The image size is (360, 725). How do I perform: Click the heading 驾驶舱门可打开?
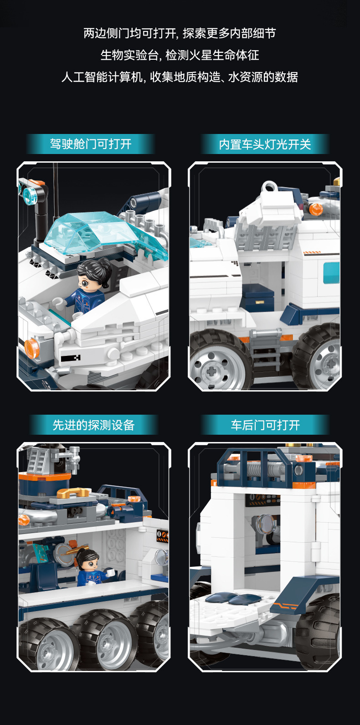[91, 144]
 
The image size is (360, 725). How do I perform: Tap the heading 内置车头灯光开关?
[265, 144]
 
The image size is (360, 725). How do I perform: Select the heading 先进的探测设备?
[93, 425]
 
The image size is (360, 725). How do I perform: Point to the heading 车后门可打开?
[265, 425]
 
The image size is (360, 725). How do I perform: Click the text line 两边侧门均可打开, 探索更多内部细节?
[180, 33]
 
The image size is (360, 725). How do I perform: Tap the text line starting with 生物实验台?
[180, 55]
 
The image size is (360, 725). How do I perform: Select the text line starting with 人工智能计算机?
[180, 77]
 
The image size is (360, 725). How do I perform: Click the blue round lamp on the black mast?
[30, 195]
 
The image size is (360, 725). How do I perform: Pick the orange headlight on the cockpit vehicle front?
[32, 348]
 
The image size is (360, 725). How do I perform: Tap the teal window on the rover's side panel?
[331, 272]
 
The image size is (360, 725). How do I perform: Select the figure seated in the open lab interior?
[88, 567]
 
